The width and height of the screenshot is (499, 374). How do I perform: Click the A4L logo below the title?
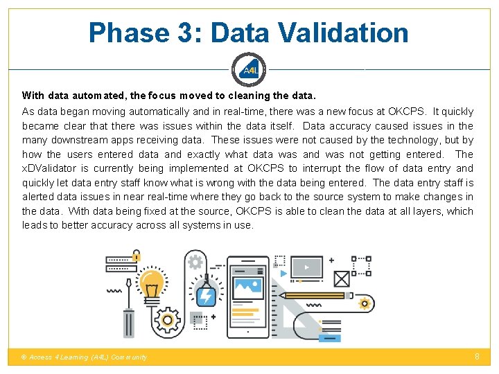pos(249,69)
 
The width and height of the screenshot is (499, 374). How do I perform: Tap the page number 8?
pos(477,356)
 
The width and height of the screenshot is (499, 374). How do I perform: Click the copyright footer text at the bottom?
pos(85,357)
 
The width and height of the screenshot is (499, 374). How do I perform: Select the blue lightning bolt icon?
pos(206,296)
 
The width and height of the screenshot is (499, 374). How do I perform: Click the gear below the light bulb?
pos(166,321)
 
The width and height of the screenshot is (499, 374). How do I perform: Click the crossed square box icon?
pos(341,279)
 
